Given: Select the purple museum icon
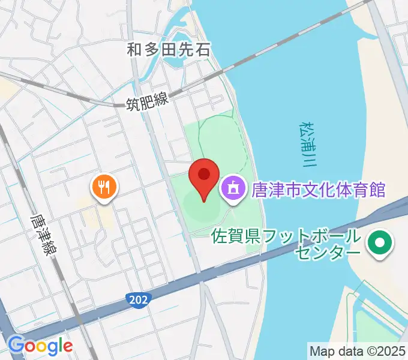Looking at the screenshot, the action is (x=231, y=190).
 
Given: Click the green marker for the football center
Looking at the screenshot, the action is (x=379, y=244).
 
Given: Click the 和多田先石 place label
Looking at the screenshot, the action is (x=169, y=49).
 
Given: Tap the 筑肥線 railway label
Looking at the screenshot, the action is (x=147, y=103).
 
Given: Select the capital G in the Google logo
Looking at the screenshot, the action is (x=17, y=346).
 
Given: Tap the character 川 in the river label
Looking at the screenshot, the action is (x=310, y=161).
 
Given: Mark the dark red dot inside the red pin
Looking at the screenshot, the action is (x=204, y=174).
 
